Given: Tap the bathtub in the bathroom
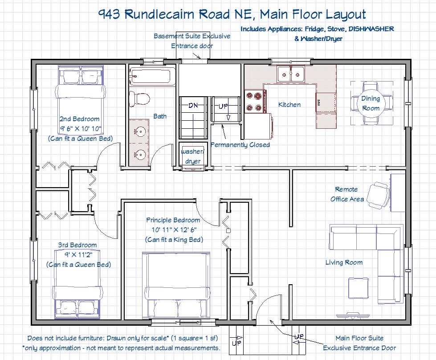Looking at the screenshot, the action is (x=150, y=76).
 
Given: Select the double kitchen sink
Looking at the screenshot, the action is (x=290, y=74).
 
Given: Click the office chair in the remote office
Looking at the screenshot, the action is (x=378, y=195).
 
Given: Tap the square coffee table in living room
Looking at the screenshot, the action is (x=359, y=289).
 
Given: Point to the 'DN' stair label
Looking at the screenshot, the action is (x=193, y=106).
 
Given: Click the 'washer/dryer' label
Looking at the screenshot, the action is (x=193, y=156).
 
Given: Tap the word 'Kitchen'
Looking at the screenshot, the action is (x=289, y=105).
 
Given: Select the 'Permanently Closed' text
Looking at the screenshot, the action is (x=240, y=145).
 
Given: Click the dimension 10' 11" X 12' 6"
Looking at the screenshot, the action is (x=174, y=230).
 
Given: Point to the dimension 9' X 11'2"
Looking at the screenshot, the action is (x=79, y=254).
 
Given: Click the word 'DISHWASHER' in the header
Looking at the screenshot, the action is (x=371, y=29).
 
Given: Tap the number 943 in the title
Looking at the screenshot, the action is (x=110, y=14).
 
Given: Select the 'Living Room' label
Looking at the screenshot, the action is (x=344, y=262).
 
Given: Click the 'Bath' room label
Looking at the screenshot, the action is (x=160, y=116).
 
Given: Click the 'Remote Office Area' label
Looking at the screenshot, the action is (x=347, y=194).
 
